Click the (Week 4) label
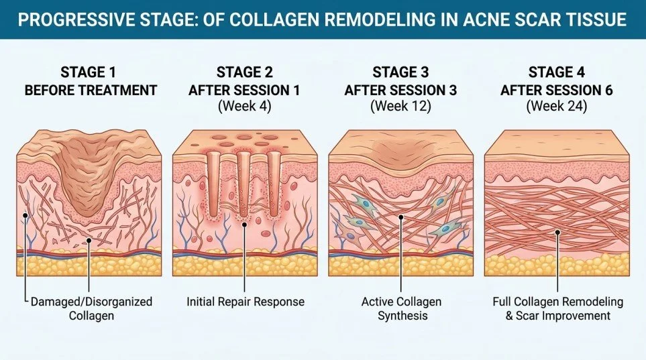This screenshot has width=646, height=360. (x=246, y=107)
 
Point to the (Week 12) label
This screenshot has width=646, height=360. (x=401, y=107)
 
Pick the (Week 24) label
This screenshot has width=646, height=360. (x=556, y=107)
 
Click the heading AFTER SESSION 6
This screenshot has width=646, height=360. (x=556, y=91)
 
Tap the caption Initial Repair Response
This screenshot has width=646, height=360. (x=245, y=302)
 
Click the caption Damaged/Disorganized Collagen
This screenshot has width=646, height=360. (x=91, y=308)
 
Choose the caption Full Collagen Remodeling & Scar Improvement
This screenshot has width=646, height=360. (x=556, y=308)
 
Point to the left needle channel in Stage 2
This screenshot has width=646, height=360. (x=213, y=176)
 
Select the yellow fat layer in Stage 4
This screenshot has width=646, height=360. (x=556, y=265)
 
